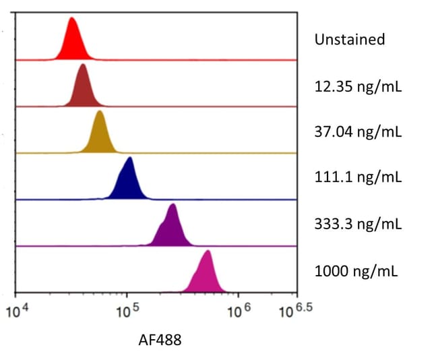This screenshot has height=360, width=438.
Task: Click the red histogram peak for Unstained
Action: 72,42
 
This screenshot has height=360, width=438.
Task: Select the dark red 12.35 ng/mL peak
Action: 83,88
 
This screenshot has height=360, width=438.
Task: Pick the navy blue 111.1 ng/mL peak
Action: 128,181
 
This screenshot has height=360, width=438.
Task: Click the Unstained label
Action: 349,39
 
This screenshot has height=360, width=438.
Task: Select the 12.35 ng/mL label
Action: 357,86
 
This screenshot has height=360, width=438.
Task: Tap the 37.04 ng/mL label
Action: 357,131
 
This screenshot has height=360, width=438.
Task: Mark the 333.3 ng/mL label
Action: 357,224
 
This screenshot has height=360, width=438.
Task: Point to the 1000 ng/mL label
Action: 356,272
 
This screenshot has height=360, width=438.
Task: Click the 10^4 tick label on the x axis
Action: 18,311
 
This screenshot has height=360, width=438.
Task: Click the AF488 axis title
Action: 159,340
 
